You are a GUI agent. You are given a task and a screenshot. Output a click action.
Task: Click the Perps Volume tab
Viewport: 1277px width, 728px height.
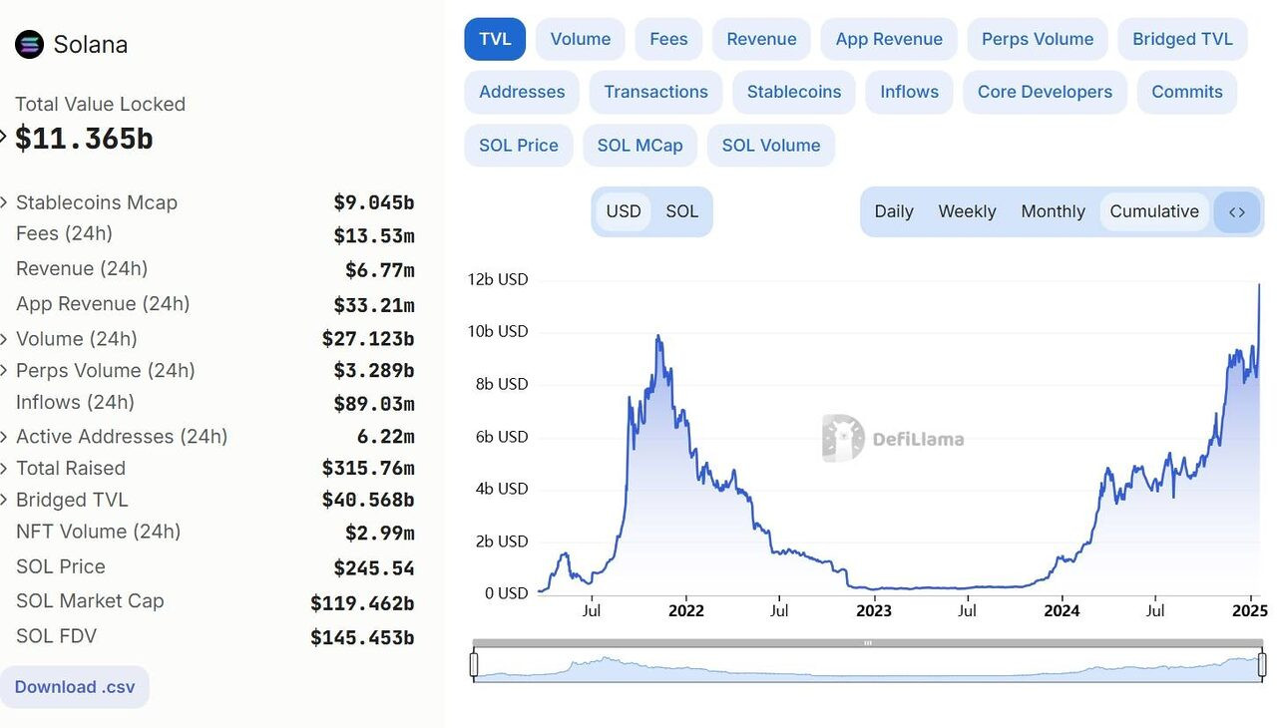1038,39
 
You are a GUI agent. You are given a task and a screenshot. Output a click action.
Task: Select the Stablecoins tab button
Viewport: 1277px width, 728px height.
794,92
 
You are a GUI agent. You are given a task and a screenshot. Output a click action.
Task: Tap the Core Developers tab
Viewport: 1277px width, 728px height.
1045,92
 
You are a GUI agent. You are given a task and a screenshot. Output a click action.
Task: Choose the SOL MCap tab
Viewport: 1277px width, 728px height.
639,145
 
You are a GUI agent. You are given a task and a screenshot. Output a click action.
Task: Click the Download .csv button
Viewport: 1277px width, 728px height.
75,687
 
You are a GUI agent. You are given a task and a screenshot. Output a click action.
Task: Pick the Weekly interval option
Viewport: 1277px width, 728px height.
967,211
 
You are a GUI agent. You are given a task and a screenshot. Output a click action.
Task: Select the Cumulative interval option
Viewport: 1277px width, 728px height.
1154,211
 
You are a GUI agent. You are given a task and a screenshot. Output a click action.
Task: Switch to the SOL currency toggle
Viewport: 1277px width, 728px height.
682,211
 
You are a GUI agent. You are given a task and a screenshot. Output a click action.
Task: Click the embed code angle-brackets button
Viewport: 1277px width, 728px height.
1237,211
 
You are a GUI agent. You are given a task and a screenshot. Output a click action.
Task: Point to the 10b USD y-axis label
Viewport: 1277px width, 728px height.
498,331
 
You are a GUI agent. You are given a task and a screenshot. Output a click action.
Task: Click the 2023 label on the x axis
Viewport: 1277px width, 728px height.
874,610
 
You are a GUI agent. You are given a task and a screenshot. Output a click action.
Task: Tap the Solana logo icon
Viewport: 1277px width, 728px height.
30,45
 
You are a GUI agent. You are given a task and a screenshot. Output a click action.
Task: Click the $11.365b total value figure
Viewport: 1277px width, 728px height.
84,139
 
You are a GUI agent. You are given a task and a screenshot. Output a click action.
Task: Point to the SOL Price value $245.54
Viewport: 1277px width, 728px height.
373,568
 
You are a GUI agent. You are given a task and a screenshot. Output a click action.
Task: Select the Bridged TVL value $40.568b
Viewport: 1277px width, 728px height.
367,500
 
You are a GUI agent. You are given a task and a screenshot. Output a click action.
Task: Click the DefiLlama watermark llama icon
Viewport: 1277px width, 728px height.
843,438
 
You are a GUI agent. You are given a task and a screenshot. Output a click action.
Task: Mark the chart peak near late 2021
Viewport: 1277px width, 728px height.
658,337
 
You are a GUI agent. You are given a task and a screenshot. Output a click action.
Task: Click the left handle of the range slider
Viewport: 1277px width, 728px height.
474,664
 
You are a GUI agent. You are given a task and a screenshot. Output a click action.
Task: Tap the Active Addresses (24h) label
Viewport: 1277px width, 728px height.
122,437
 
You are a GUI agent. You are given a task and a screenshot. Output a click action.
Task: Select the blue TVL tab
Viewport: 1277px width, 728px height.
495,39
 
